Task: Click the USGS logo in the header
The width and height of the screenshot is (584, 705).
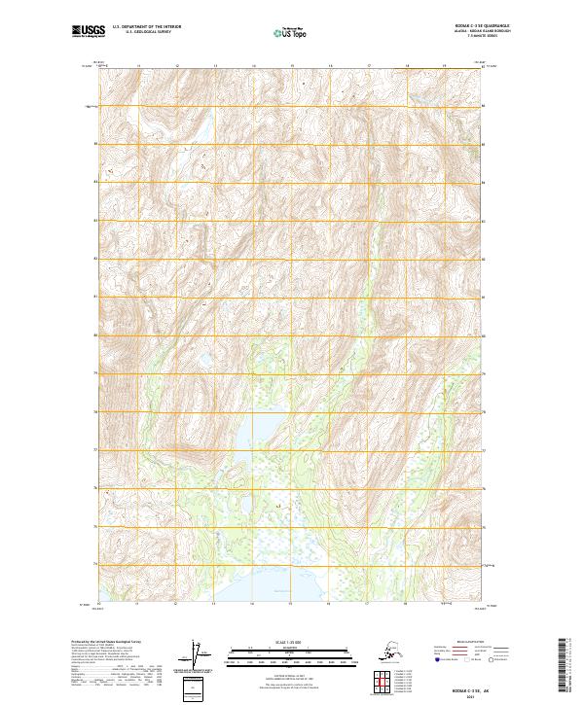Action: tap(85, 32)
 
